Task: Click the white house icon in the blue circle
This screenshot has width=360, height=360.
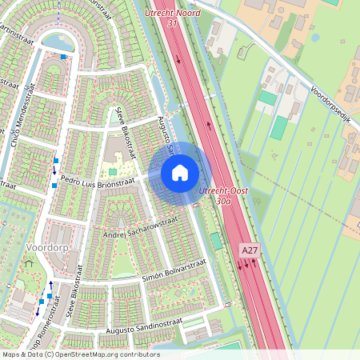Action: pyautogui.click(x=180, y=173)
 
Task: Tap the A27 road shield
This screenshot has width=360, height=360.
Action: pyautogui.click(x=250, y=250)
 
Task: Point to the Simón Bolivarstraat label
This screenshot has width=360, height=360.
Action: pyautogui.click(x=174, y=270)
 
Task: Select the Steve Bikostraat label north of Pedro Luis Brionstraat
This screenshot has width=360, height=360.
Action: pyautogui.click(x=127, y=129)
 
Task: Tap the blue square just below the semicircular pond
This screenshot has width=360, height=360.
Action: pyautogui.click(x=64, y=57)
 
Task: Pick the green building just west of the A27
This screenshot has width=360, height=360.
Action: pyautogui.click(x=216, y=241)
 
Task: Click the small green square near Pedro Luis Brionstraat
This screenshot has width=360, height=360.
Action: pyautogui.click(x=113, y=171)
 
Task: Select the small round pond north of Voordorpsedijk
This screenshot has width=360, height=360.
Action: pyautogui.click(x=314, y=37)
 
